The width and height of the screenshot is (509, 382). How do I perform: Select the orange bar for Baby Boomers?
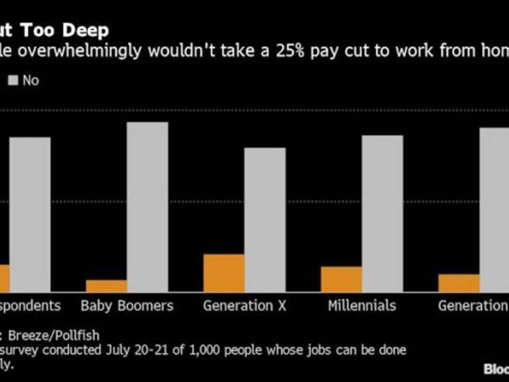(x=106, y=286)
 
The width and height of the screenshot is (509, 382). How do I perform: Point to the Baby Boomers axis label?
(x=127, y=306)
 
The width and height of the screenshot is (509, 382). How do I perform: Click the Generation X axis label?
(x=245, y=306)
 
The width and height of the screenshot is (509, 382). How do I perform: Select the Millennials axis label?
(x=362, y=306)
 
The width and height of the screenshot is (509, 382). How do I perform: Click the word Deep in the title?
(x=87, y=31)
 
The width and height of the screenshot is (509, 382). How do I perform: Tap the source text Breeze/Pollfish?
(x=54, y=336)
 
